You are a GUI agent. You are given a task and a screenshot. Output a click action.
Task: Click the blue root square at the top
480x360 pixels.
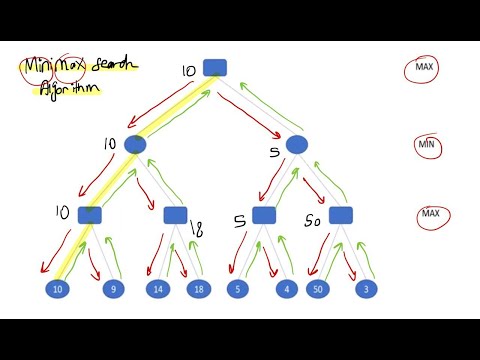[x=215, y=67]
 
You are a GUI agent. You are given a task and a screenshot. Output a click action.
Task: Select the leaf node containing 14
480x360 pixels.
[x=157, y=290]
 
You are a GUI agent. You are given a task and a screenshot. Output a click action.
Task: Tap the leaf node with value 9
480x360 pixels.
[x=113, y=290]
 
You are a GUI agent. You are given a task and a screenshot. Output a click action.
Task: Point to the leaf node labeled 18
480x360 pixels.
[x=199, y=290]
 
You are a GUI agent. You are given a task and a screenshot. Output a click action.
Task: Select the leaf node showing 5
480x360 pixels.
[x=236, y=290]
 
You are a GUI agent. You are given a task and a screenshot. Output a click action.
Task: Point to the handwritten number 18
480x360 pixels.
[x=196, y=231]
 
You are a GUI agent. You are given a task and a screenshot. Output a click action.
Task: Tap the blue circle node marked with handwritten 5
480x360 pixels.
[x=296, y=145]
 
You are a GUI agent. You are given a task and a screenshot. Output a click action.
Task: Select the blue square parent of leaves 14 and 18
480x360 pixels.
[x=175, y=215]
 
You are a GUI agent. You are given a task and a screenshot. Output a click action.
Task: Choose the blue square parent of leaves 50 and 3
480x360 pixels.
[x=341, y=215]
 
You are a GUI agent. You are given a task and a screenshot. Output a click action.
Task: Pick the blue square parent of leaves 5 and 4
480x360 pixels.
[x=263, y=215]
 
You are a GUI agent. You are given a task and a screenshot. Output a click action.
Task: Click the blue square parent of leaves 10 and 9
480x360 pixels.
[x=90, y=215]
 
